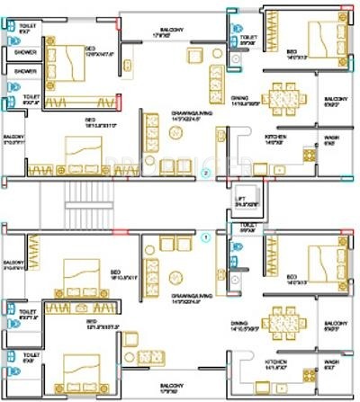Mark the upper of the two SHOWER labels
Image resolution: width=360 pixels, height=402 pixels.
point(25,52)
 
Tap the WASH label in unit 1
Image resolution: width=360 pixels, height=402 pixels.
point(330,365)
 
